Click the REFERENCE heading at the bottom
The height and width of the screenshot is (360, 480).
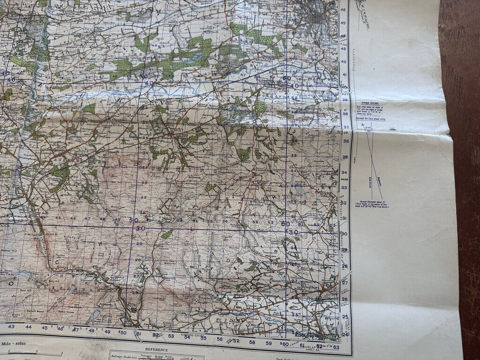click(157, 350)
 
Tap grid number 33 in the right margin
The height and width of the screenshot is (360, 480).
click(345, 188)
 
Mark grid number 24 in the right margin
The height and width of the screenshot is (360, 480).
click(345, 334)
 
